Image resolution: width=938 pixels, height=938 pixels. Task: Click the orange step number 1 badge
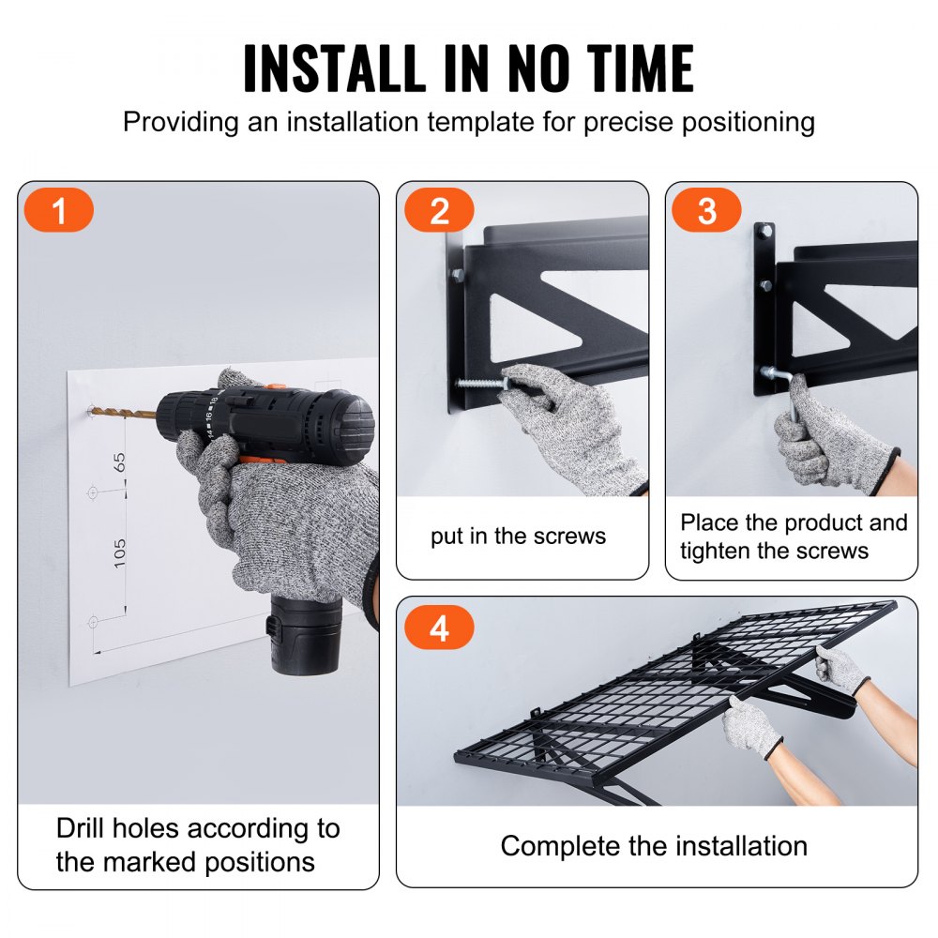pyautogui.click(x=59, y=211)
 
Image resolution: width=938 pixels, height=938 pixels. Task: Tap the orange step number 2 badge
pyautogui.click(x=439, y=211)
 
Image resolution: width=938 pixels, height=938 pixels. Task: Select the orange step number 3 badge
pyautogui.click(x=706, y=211)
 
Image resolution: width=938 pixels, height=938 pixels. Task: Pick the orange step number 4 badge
pyautogui.click(x=439, y=628)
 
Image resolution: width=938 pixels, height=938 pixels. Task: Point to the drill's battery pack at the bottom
pyautogui.click(x=305, y=634)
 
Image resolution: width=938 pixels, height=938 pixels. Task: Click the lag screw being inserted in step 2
pyautogui.click(x=478, y=383)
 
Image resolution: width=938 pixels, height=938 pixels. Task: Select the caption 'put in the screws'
pyautogui.click(x=518, y=537)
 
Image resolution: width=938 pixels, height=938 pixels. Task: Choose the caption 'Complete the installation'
pyautogui.click(x=653, y=845)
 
